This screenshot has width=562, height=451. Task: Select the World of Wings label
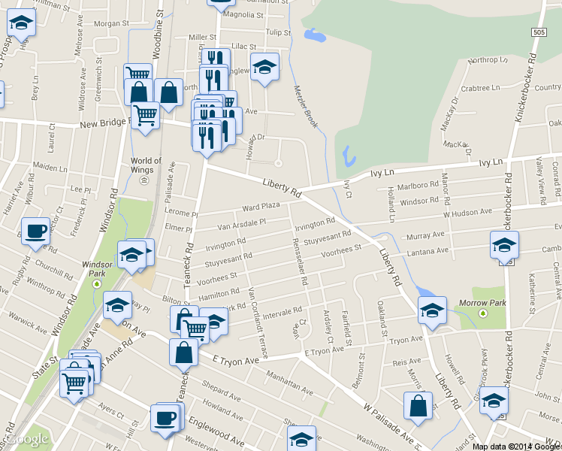[x=146, y=165]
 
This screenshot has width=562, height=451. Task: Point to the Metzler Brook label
[x=307, y=106]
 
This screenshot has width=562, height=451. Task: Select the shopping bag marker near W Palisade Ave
[x=418, y=406]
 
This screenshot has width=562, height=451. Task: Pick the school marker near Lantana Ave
[x=504, y=244]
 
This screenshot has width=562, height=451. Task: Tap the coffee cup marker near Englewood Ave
[x=165, y=418]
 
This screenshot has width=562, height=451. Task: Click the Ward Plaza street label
[x=261, y=206]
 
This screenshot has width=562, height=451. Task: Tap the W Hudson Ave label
[x=467, y=213]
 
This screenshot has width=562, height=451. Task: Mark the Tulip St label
[x=277, y=32]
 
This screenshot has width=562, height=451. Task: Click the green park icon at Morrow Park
[x=483, y=313]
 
